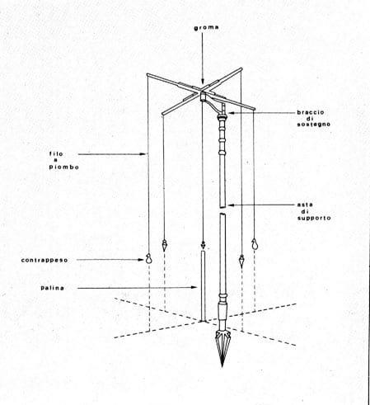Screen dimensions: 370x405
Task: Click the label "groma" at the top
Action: (x=206, y=27)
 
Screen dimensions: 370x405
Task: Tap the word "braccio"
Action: (x=311, y=112)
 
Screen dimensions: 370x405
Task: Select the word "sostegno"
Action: (x=314, y=125)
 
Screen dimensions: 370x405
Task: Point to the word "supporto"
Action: (x=314, y=218)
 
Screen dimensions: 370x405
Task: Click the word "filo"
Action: (x=56, y=153)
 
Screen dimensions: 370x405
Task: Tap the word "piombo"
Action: (x=64, y=167)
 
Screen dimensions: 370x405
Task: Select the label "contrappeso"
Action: (x=44, y=260)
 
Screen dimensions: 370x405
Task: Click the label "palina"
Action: (x=53, y=288)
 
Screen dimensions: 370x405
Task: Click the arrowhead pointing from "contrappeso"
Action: (x=142, y=260)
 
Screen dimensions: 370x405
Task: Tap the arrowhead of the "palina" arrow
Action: (x=194, y=288)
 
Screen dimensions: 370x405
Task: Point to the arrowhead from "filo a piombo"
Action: (x=143, y=154)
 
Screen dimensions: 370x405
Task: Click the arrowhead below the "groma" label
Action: (x=203, y=81)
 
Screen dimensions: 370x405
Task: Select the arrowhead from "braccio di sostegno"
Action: (x=230, y=113)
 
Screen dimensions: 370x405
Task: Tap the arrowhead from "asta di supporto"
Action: (x=231, y=205)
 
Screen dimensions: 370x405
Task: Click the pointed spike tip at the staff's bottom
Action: (x=222, y=365)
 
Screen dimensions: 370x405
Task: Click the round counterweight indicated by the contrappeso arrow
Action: (x=148, y=259)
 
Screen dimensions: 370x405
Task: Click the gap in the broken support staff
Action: (x=222, y=211)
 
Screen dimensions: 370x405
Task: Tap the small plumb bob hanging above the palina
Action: (x=203, y=244)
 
